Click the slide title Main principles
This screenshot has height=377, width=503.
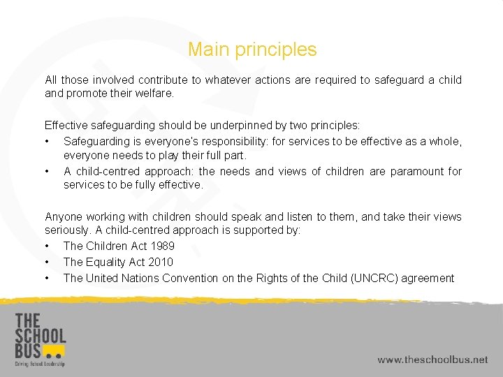[252, 50]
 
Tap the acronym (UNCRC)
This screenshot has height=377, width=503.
[380, 278]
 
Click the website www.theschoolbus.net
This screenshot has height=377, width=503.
[432, 360]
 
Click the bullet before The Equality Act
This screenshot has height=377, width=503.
[47, 262]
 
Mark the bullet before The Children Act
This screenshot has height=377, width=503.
[47, 246]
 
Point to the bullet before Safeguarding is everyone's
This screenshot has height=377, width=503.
[47, 141]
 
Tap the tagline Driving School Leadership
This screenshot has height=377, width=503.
[39, 364]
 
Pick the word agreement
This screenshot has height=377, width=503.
[428, 278]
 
